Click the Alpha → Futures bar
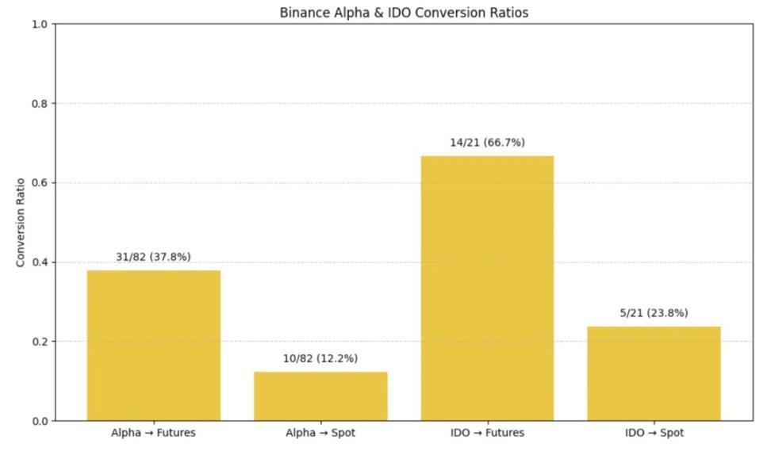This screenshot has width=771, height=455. point(154,345)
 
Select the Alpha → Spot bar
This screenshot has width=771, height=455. point(320,396)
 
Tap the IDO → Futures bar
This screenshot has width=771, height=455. point(487,288)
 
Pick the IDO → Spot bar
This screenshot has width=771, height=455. point(654,373)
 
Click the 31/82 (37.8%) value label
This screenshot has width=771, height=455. point(154,257)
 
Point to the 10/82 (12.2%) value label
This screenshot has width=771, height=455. point(320,358)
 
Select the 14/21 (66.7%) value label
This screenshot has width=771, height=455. point(487,143)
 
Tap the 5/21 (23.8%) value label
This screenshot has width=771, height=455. point(654,313)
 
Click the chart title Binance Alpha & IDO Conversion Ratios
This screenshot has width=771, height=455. point(403,13)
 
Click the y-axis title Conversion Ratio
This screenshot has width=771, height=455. point(21,223)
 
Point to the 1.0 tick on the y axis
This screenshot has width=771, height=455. point(40,25)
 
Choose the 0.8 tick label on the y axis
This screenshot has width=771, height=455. point(40,104)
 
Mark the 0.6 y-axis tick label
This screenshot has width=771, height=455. point(40,183)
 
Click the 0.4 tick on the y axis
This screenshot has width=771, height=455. point(40,262)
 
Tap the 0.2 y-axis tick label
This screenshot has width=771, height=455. point(40,342)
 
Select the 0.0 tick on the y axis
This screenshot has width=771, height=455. point(40,421)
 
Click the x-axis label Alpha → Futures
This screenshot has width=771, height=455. point(154,434)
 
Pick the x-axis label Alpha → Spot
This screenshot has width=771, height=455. point(320,434)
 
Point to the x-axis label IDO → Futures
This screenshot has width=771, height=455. point(487,434)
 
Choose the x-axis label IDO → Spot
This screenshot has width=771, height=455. point(654,434)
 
